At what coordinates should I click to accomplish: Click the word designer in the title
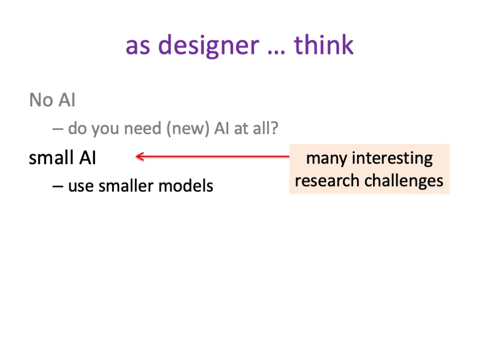209,46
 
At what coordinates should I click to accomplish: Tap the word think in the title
323,45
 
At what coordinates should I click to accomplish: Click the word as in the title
138,47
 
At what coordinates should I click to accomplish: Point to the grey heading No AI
52,100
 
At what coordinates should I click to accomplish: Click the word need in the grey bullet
142,128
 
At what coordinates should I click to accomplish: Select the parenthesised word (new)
188,128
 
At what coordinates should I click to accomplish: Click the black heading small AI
62,157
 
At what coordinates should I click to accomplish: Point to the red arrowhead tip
136,157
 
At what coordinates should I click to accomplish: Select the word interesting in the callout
392,158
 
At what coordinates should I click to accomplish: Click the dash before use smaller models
58,186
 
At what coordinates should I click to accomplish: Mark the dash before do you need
58,129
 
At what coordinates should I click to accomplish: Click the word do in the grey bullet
77,128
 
